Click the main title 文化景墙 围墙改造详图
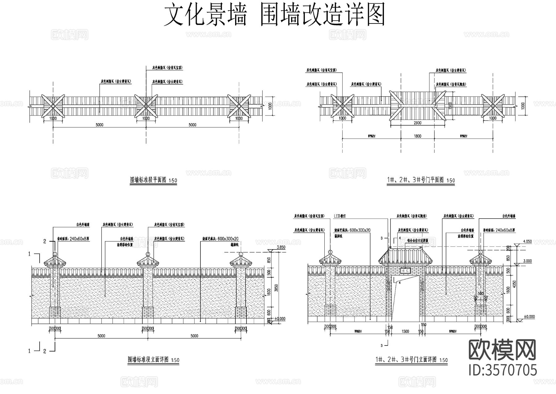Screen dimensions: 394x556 point(274,15)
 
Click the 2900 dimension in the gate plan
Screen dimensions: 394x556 point(417,123)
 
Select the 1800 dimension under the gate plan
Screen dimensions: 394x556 point(417,136)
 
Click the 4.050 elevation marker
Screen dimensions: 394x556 point(527,241)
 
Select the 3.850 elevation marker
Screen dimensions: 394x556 point(280,247)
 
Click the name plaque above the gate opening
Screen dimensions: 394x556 point(404,270)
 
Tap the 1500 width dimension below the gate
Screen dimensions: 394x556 point(405,331)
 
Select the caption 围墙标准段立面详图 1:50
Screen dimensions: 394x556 point(154,360)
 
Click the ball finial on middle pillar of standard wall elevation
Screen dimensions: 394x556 point(148,254)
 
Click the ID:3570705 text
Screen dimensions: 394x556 point(503,370)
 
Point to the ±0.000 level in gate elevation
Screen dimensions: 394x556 point(529,317)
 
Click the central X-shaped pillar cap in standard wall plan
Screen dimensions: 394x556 point(146,106)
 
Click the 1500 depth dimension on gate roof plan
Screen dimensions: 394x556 point(450,105)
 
